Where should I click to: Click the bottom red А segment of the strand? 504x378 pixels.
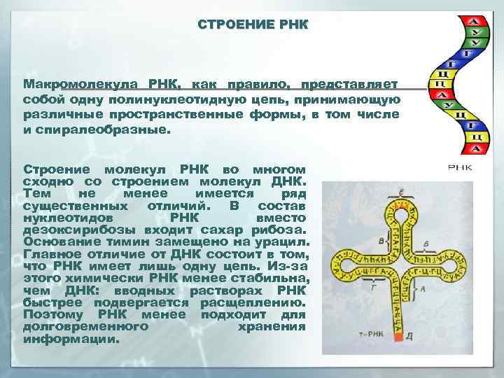click(477, 149)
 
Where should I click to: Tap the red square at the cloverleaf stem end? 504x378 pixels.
click(398, 337)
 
